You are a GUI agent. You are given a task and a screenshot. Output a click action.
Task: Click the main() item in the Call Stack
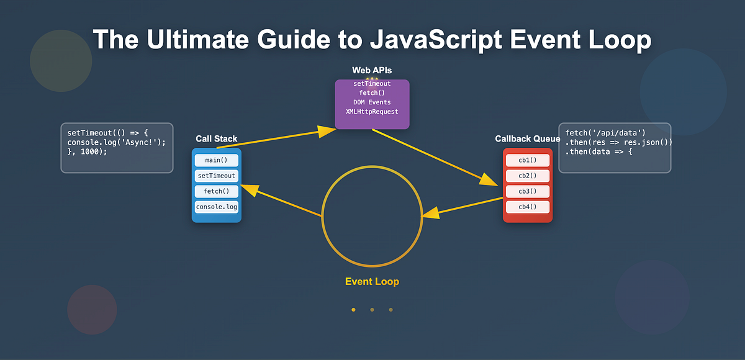click(216, 161)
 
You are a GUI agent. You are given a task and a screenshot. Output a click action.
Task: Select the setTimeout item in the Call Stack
click(216, 176)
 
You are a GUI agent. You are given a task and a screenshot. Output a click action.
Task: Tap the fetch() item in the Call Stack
click(216, 192)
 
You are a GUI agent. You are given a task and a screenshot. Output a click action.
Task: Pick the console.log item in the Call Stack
click(216, 207)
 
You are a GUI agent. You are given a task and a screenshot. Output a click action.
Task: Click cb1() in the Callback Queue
click(527, 161)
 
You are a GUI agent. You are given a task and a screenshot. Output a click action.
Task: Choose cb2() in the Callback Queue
click(527, 176)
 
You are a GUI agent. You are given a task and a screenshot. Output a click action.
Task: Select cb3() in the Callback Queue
click(527, 192)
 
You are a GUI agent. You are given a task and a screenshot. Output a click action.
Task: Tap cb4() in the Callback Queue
click(527, 207)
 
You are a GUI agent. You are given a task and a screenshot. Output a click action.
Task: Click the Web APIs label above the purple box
click(372, 70)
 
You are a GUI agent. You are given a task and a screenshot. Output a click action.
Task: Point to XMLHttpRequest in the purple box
click(372, 112)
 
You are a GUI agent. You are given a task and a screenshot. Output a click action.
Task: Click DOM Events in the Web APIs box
click(372, 102)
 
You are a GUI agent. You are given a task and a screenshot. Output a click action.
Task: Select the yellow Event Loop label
click(372, 282)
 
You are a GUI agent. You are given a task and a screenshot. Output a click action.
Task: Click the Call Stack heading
click(216, 139)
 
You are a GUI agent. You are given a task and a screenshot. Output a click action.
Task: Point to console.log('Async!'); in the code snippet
click(117, 143)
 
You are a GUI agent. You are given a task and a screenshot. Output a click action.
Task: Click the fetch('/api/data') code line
click(605, 133)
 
